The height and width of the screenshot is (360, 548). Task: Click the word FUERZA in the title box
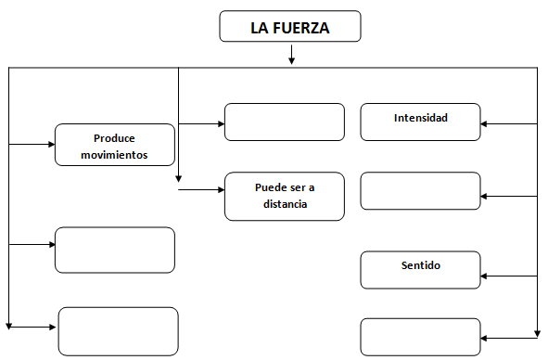click(x=302, y=28)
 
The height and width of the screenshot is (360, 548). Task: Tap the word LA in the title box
click(x=260, y=28)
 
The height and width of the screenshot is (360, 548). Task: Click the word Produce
click(x=115, y=137)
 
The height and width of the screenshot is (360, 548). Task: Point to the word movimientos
click(x=115, y=154)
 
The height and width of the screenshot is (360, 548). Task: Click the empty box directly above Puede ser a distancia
click(x=284, y=122)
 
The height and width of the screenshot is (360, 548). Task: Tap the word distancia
click(x=285, y=204)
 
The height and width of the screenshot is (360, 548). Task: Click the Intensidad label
click(x=420, y=119)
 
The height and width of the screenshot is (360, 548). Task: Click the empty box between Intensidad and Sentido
click(x=420, y=191)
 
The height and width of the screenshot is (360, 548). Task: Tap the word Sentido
click(x=420, y=265)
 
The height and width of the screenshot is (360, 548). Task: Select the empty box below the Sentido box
click(x=420, y=336)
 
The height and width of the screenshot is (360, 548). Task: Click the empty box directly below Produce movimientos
click(x=115, y=250)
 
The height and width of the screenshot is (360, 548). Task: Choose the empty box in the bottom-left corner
click(x=118, y=330)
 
